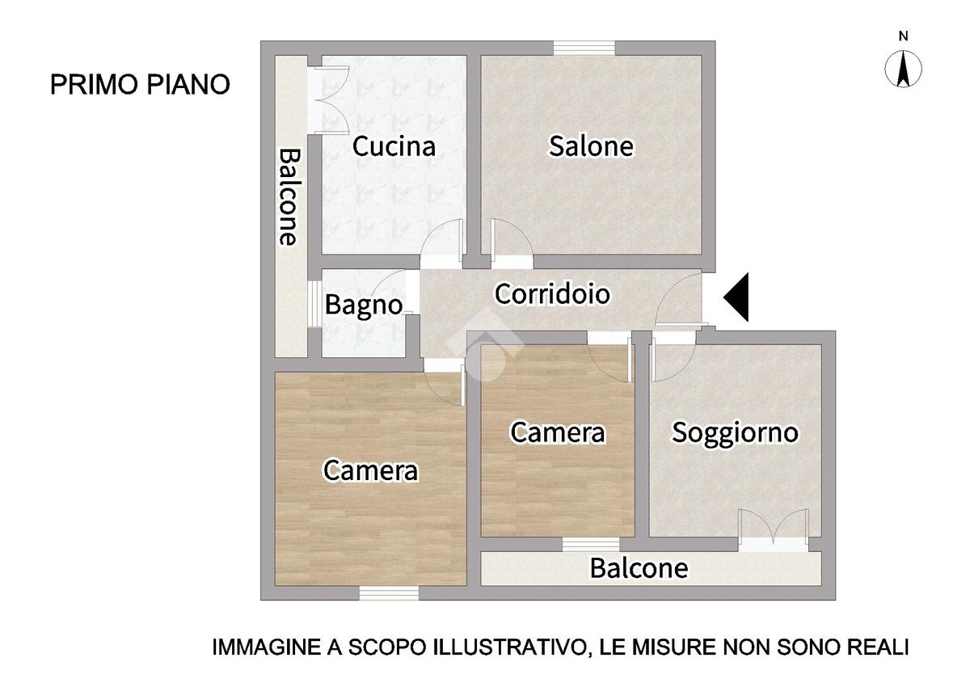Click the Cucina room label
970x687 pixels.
(x=394, y=146)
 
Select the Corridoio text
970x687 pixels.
(x=552, y=294)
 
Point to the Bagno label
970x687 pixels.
(x=364, y=306)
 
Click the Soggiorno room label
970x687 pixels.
(x=735, y=432)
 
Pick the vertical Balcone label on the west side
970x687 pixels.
(x=289, y=197)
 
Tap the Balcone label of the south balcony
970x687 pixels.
(x=639, y=568)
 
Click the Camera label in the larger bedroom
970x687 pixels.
(x=371, y=470)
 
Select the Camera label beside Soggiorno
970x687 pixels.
(x=558, y=432)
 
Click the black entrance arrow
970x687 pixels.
(x=736, y=297)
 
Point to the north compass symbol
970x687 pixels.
(x=903, y=69)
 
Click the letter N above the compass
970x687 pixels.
(x=904, y=36)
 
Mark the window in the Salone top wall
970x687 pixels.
(x=584, y=48)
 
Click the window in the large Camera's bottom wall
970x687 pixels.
(x=389, y=592)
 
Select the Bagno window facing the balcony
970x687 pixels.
(x=314, y=305)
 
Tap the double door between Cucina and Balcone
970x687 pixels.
(x=328, y=100)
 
